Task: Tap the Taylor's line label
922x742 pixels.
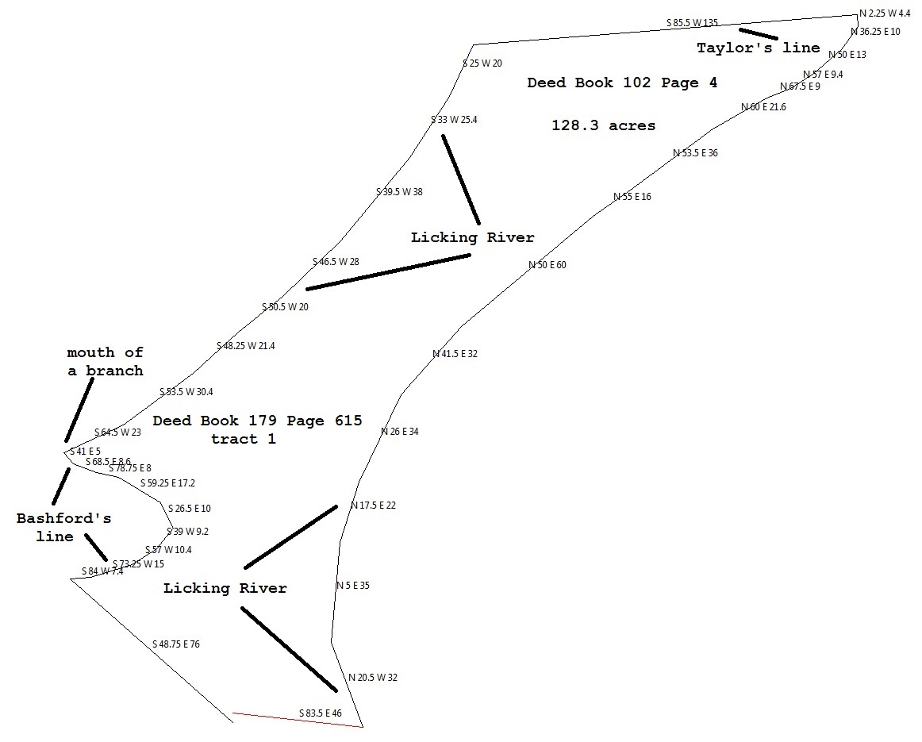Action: pos(758,48)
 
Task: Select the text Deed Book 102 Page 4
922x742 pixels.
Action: pos(622,83)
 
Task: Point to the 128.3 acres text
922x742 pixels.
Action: pos(603,126)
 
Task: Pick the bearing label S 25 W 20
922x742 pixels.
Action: pos(482,63)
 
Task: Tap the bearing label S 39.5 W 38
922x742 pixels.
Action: pos(399,192)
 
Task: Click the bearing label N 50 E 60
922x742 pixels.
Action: pos(547,265)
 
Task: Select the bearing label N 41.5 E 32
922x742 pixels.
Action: pos(455,354)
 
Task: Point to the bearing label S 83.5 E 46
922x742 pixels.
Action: pos(321,713)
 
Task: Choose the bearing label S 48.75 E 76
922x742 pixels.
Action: pos(176,644)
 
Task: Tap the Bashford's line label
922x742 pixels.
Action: pos(63,528)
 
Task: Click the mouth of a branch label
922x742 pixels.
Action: pos(105,362)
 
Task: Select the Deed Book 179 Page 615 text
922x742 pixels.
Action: pos(257,421)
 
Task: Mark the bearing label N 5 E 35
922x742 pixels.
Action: pos(352,586)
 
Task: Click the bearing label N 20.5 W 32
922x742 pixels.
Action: pos(373,678)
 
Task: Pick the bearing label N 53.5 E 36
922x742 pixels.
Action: pos(695,153)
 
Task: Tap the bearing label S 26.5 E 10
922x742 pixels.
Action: pos(190,509)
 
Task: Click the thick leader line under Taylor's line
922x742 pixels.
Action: pos(758,34)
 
